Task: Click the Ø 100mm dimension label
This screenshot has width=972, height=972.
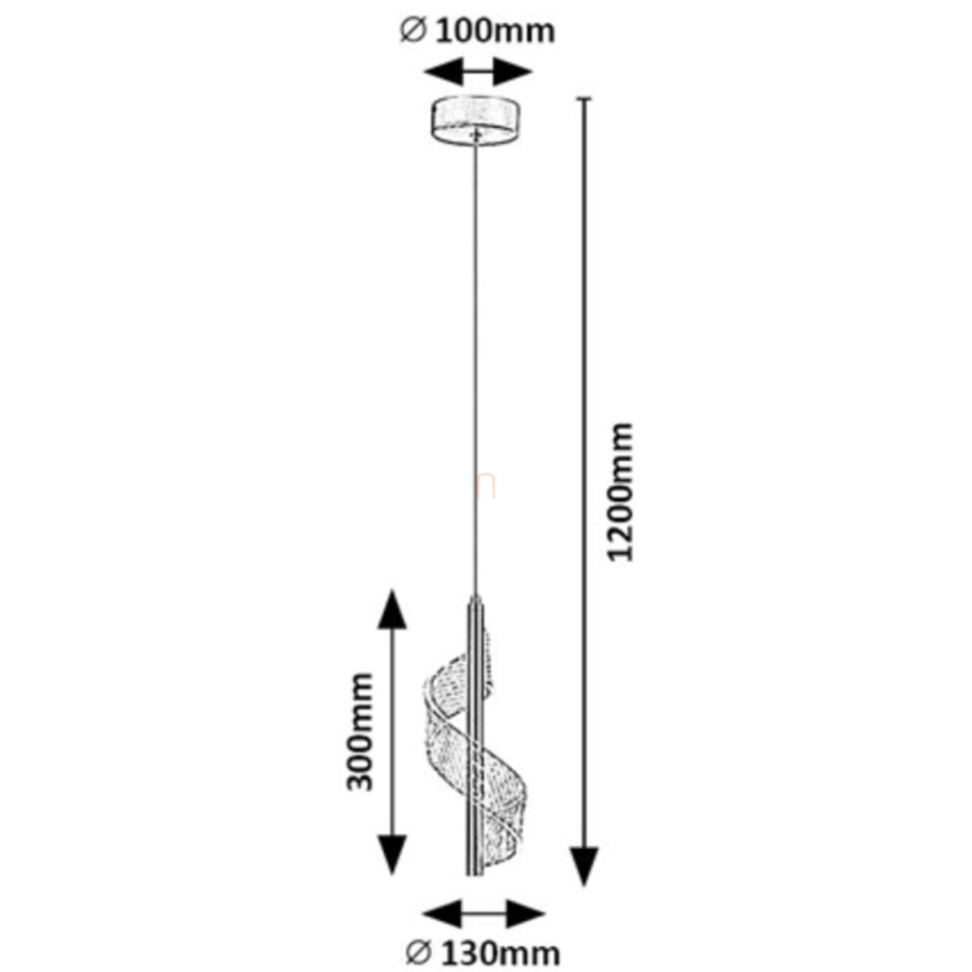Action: pyautogui.click(x=478, y=30)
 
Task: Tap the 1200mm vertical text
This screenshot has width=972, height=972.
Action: pyautogui.click(x=623, y=491)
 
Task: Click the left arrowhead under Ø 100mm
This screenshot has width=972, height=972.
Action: pyautogui.click(x=438, y=72)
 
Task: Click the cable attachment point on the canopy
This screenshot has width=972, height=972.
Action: pyautogui.click(x=473, y=137)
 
